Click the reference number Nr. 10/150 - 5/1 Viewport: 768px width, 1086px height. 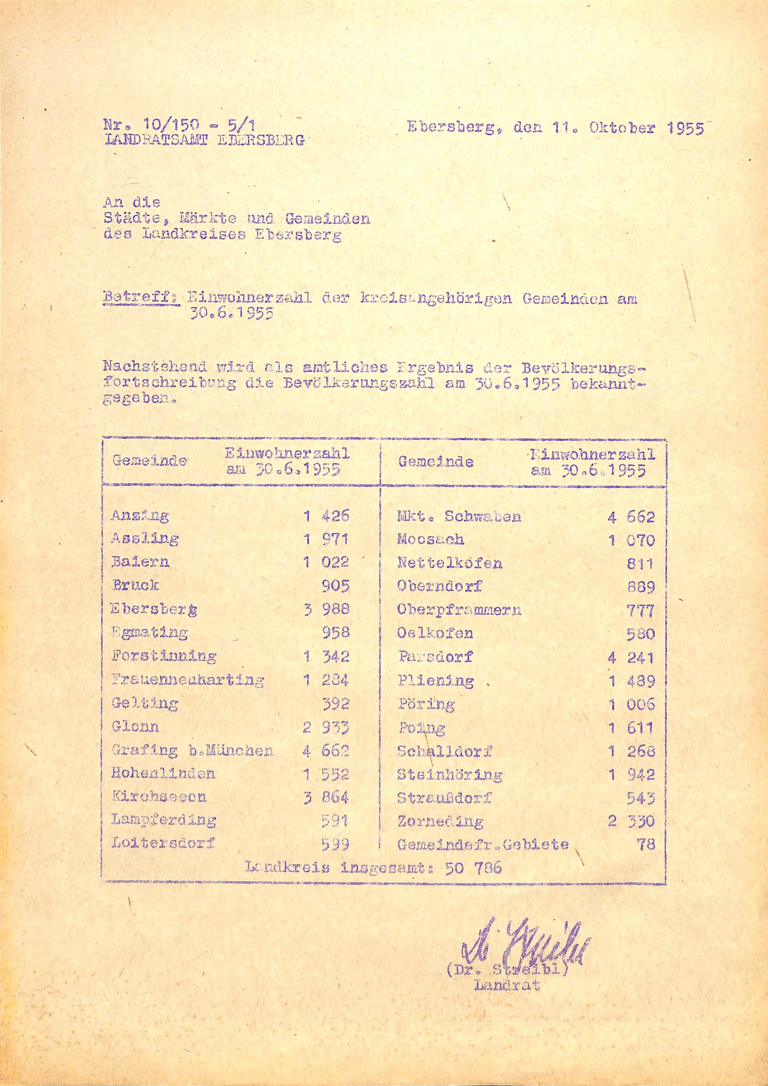point(179,125)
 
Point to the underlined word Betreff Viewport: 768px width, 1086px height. point(141,299)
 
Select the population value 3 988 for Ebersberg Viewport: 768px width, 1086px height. point(326,609)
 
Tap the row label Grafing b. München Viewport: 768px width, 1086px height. point(192,751)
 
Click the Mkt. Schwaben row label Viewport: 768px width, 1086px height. point(459,516)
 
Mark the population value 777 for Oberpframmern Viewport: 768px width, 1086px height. point(640,611)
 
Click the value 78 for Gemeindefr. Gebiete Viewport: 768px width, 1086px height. point(645,844)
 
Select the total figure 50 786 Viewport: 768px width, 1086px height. point(473,868)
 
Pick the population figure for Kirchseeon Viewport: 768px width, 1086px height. point(326,797)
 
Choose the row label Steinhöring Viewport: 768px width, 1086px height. point(449,774)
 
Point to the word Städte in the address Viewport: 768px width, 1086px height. point(133,219)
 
